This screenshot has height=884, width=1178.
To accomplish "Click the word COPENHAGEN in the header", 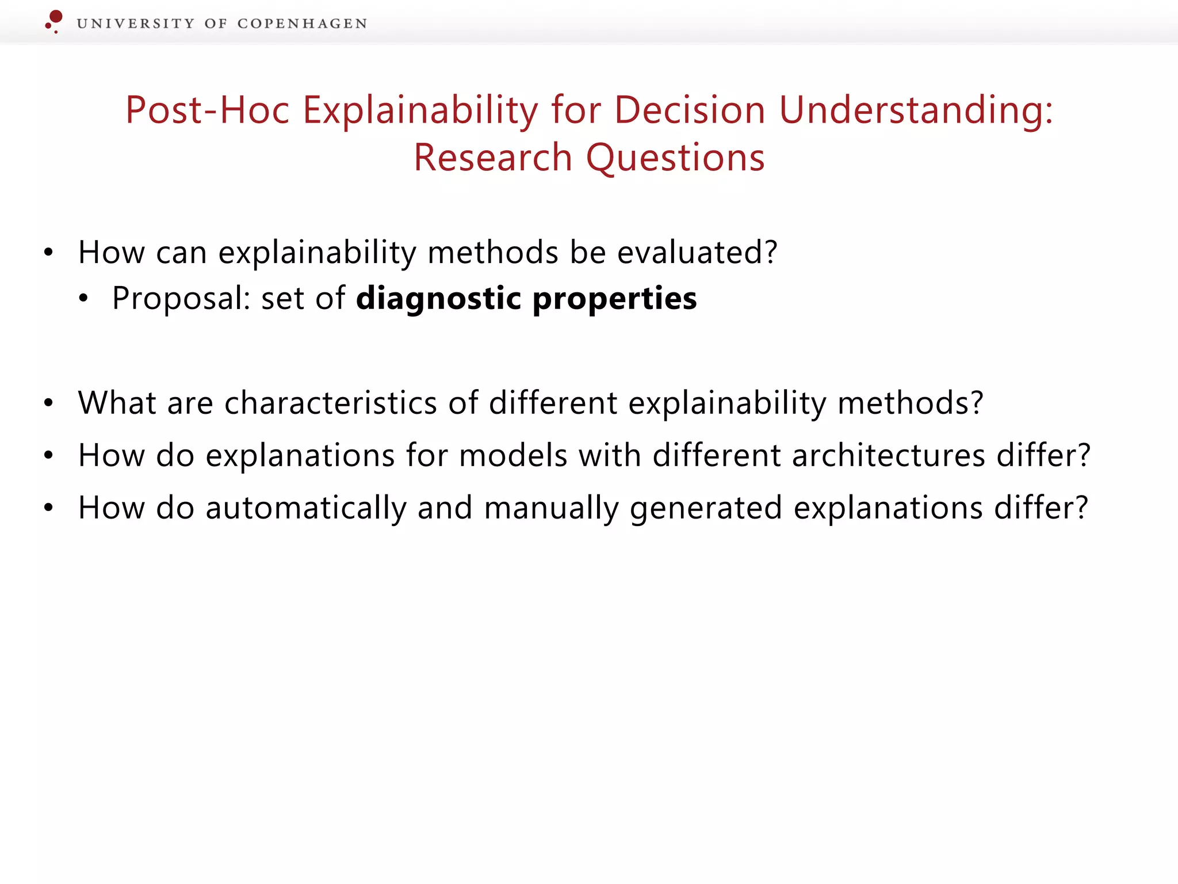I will [x=302, y=24].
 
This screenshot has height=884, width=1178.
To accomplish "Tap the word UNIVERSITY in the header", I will [x=135, y=24].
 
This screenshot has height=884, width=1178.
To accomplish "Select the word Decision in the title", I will [x=690, y=110].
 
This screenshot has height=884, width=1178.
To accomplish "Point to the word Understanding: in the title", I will [x=916, y=110].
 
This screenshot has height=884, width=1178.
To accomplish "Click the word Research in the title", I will [x=492, y=158].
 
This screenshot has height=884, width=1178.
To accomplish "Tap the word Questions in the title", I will [x=675, y=158].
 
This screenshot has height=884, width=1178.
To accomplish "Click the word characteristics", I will [x=331, y=403].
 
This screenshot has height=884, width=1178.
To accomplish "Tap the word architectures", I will [x=889, y=456].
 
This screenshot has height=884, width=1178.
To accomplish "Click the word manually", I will [x=551, y=509].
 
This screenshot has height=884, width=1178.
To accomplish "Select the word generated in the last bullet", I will [x=706, y=509].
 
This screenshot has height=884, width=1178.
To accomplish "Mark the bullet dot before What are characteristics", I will [x=49, y=403].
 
